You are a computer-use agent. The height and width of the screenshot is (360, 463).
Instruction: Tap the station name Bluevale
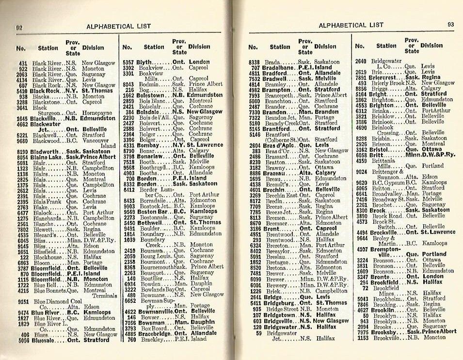pos(45,340)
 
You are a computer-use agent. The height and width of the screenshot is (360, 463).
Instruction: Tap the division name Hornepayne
pos(99,113)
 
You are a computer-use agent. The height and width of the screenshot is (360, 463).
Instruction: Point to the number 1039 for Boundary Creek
pos(129,239)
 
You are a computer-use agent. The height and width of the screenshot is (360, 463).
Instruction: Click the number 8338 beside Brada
pos(254,63)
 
